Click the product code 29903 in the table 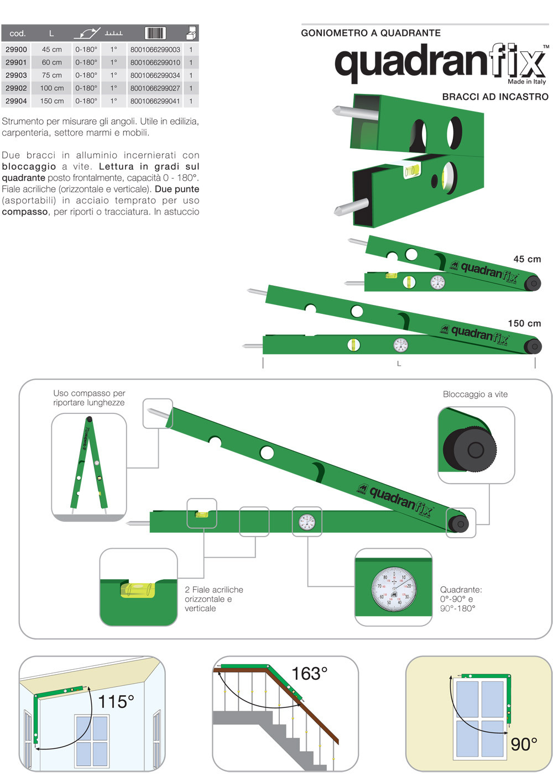(16, 75)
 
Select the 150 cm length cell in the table (52, 101)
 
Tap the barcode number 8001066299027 (155, 88)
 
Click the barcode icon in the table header (155, 33)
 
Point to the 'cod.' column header (18, 33)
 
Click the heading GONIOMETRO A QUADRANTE (371, 33)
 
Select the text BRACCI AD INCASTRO (495, 97)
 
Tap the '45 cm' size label (526, 259)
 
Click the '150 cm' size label (524, 323)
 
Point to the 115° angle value (116, 702)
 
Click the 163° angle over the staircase (309, 674)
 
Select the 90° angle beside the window (523, 744)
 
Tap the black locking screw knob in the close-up (470, 449)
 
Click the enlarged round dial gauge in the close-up (394, 589)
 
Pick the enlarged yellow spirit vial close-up (138, 590)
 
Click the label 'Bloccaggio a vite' (475, 394)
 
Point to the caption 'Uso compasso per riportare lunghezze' (88, 398)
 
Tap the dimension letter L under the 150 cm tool (399, 364)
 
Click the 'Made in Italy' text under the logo (526, 82)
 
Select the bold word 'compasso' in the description (25, 212)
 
